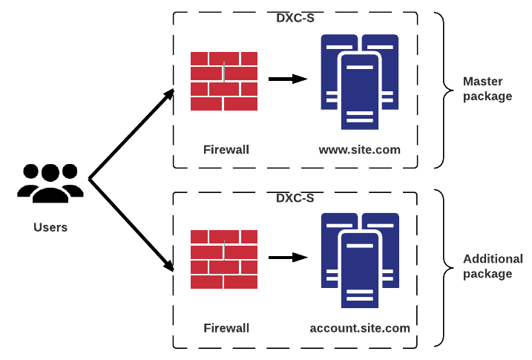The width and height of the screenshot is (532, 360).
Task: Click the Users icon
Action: point(50,183)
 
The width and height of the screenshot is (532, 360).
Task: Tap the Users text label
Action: point(50,227)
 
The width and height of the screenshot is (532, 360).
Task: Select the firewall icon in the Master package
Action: point(224,82)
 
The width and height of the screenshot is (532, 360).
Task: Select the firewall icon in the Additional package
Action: point(224,259)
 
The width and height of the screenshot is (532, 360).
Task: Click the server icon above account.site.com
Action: point(360,259)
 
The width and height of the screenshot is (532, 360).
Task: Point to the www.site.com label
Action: point(360,150)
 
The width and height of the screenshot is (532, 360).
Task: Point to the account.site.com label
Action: point(360,327)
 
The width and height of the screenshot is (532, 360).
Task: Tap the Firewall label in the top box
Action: point(226,150)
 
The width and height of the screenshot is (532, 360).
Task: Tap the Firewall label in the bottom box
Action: point(226,327)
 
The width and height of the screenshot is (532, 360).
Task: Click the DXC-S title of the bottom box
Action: point(295,198)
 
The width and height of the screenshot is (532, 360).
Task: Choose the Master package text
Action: point(487,88)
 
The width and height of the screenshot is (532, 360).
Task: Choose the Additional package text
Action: point(493,266)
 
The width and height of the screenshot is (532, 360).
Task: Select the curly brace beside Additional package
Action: point(444,268)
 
